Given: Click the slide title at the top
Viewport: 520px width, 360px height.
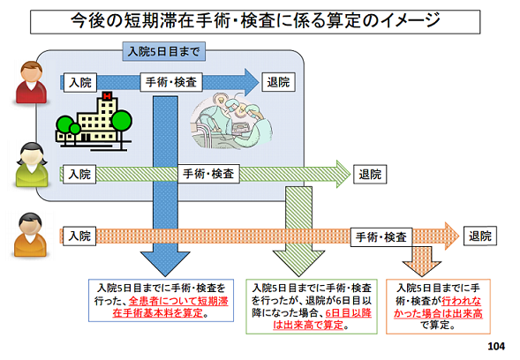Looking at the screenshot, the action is coord(255,21).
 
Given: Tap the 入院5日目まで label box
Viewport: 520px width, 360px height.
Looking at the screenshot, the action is coord(164,51).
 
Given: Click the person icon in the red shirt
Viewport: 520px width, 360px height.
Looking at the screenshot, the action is coord(31,82).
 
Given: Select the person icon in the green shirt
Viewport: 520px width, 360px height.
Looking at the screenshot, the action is coord(32,165).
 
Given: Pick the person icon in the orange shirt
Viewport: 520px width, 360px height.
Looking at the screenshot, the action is coord(31,235).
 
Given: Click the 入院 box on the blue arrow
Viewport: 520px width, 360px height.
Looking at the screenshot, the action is coord(80,83).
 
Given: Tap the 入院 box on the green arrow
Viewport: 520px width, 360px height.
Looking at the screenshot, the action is coord(79,174).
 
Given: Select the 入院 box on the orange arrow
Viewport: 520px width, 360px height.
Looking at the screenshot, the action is coord(79,236).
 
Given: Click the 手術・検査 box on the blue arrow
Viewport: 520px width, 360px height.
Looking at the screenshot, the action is coord(171,82).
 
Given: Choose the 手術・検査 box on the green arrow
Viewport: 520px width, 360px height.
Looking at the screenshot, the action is coord(208,174).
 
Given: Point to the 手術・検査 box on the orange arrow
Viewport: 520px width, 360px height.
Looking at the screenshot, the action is coord(381,237).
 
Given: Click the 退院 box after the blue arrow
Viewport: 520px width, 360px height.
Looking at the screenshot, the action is coord(278,82).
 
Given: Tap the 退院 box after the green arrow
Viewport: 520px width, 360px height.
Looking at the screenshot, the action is coord(370,174).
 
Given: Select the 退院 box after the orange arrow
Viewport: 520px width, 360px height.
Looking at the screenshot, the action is coord(480,236).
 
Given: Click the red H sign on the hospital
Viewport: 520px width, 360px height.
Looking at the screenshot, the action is coord(107,96).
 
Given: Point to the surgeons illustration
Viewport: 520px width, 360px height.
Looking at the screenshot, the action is coord(231,121).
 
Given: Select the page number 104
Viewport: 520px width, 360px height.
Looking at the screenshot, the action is coord(496,347).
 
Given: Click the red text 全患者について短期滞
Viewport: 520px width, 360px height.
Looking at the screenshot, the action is coord(178,301).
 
